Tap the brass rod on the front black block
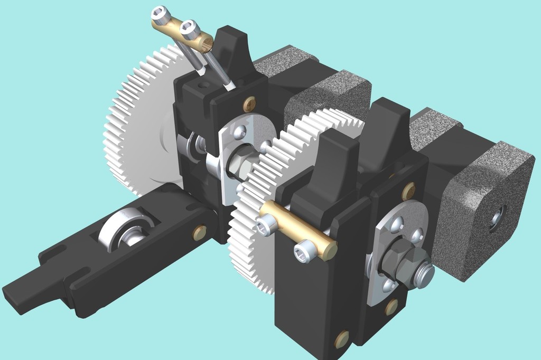(299, 230)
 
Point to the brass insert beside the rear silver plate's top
(249, 105)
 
